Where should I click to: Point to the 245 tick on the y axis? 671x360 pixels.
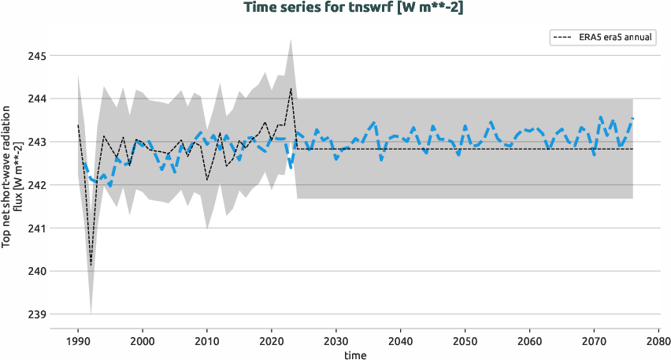[37, 56]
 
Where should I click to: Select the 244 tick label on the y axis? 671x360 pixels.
[37, 99]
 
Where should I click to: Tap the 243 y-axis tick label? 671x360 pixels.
[37, 142]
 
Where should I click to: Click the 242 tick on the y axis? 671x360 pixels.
[37, 185]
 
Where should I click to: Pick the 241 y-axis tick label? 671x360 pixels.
[37, 228]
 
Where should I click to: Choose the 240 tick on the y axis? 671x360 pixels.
[37, 271]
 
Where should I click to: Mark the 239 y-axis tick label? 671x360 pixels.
[37, 314]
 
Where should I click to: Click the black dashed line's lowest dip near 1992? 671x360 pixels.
[91, 265]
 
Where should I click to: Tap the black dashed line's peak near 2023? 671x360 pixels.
[291, 88]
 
